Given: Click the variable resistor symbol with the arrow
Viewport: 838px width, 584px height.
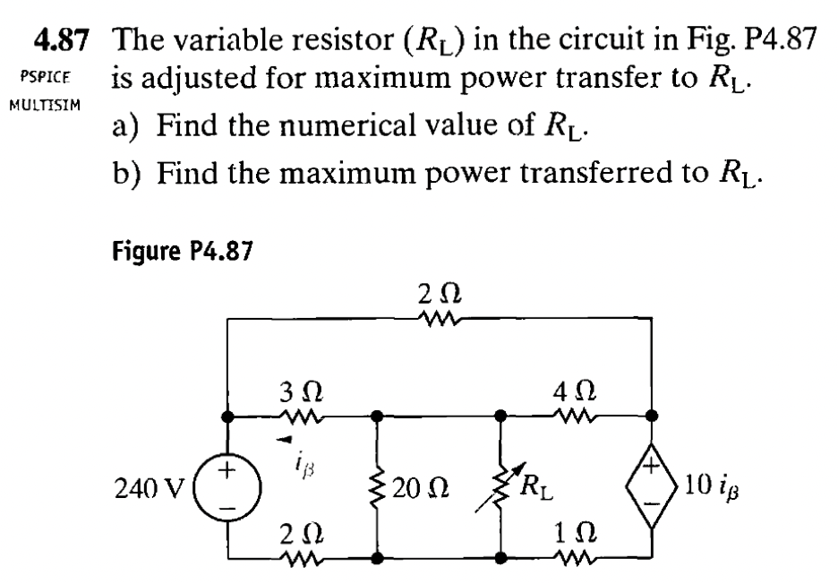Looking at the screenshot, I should click(500, 489).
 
